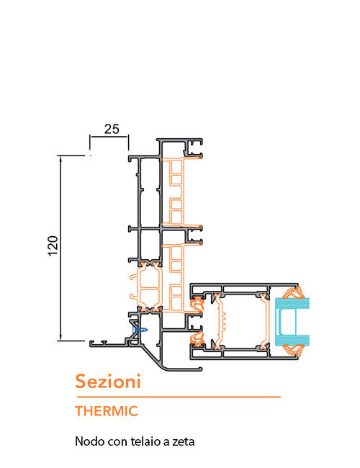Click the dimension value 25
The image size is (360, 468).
(x=112, y=129)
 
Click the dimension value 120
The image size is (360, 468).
(x=53, y=246)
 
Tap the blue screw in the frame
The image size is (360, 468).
(x=140, y=330)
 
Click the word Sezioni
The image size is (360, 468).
(x=108, y=381)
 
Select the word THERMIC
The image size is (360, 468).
(x=107, y=411)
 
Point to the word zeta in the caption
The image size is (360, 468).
(x=184, y=442)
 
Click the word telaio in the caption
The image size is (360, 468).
(x=143, y=441)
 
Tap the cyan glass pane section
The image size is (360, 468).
(x=292, y=322)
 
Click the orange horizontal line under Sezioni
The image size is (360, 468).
(x=179, y=397)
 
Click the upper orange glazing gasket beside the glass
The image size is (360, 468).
(x=294, y=292)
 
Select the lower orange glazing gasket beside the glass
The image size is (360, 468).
(x=294, y=351)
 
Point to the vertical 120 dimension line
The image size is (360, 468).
(x=60, y=248)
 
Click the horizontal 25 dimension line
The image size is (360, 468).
(x=109, y=137)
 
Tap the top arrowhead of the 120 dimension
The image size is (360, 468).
(x=60, y=158)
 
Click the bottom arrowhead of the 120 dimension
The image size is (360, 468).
(x=60, y=338)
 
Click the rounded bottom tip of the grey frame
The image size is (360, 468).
(x=200, y=369)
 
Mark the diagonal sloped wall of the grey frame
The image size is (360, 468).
(x=152, y=356)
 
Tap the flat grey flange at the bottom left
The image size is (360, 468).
(x=108, y=344)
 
